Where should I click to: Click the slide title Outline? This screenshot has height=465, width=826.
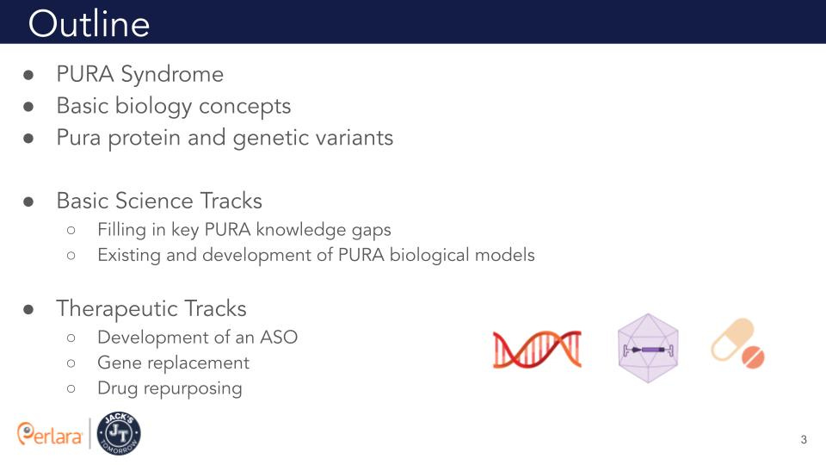click(89, 23)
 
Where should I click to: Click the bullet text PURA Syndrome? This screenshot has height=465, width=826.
click(139, 75)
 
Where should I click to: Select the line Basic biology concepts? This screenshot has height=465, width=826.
click(173, 106)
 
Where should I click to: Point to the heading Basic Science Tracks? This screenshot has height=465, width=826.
click(159, 201)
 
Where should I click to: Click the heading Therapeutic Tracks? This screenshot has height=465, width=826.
click(151, 308)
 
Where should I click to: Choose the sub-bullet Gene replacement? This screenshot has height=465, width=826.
click(173, 363)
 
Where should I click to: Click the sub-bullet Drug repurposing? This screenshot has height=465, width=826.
click(170, 388)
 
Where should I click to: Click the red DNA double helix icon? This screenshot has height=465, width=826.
click(537, 348)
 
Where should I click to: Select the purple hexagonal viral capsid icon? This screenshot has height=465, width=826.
click(648, 348)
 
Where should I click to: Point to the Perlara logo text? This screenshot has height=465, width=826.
click(51, 434)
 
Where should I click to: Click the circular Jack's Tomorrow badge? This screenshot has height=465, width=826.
click(120, 433)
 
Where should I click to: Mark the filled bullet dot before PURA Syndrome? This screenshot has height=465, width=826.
click(28, 76)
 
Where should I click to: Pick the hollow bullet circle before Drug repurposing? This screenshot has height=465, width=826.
click(71, 389)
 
